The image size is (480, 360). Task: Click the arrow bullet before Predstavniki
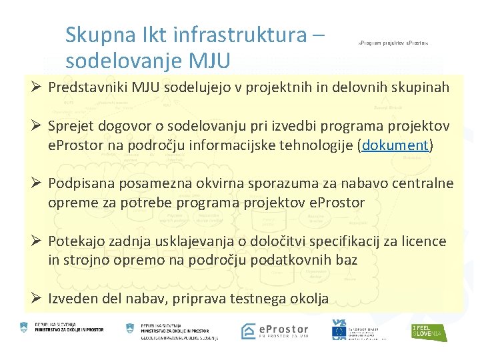coord(32,87)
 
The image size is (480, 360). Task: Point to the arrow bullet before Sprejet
coord(32,126)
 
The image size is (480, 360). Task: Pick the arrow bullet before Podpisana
coord(32,183)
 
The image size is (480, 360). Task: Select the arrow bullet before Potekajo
coord(32,241)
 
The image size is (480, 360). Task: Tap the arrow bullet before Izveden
coord(32,298)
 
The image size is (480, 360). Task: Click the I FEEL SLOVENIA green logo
coord(429,331)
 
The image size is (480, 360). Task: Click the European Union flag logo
coord(339,329)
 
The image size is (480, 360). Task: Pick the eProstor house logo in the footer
coord(249,331)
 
